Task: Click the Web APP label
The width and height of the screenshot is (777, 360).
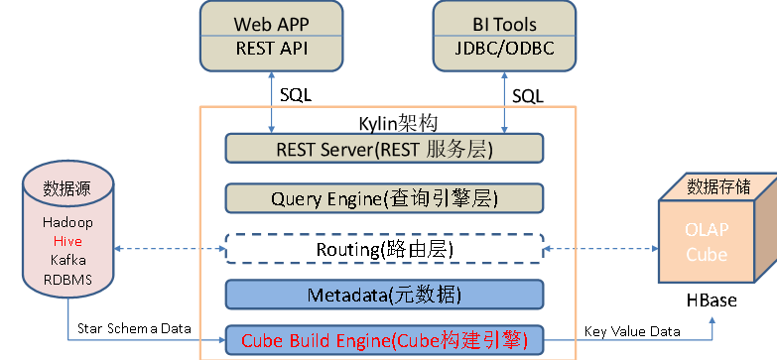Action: (272, 24)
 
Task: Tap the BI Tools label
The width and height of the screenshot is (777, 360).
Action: (503, 24)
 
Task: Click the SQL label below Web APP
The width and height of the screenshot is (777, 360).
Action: (296, 95)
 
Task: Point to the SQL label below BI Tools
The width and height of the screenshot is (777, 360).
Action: (528, 95)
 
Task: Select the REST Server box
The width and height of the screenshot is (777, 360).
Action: (385, 149)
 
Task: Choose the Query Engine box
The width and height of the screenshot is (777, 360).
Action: (385, 197)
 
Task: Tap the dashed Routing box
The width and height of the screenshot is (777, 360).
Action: (385, 248)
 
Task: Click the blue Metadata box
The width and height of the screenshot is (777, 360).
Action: (385, 295)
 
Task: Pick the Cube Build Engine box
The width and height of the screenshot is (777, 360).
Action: (385, 341)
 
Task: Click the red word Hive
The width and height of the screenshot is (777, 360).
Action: (68, 241)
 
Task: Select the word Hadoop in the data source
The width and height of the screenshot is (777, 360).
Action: (68, 223)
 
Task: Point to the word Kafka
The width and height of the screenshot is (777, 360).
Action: (68, 259)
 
